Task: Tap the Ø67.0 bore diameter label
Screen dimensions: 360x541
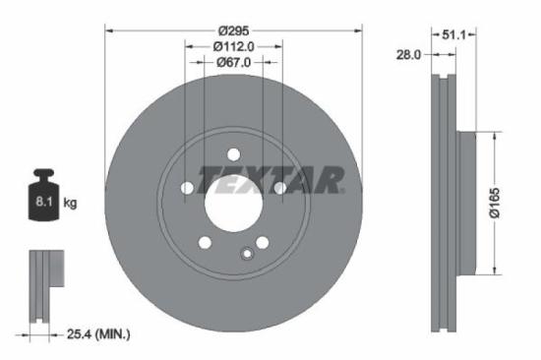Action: click(233, 62)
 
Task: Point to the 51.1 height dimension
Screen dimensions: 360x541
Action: click(452, 33)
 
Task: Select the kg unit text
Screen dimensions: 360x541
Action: click(70, 203)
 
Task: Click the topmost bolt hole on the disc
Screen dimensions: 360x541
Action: click(233, 153)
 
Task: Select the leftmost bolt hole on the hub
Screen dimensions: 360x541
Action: click(187, 188)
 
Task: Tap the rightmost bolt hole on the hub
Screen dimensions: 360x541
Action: click(279, 188)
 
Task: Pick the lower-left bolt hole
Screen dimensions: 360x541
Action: click(205, 243)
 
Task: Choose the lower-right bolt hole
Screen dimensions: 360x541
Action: click(262, 243)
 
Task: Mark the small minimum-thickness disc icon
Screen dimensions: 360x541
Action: click(40, 285)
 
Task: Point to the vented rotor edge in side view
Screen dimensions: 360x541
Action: click(440, 203)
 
